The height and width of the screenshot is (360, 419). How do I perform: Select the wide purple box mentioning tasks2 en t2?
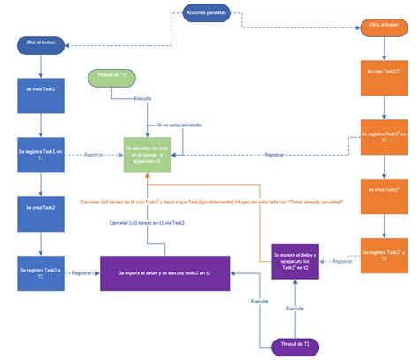(164, 273)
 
